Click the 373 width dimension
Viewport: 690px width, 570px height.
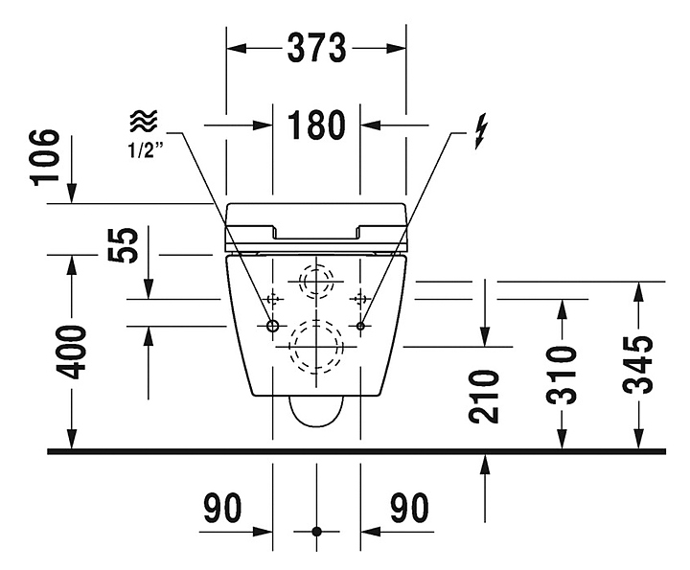[316, 48]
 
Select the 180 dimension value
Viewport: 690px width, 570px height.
[316, 125]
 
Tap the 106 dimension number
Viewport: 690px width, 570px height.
[44, 157]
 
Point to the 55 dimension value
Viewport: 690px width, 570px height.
[124, 244]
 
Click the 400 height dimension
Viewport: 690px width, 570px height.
[70, 352]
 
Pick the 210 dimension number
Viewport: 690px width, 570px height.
[484, 397]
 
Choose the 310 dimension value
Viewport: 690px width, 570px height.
[561, 376]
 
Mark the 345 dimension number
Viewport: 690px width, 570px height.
[637, 365]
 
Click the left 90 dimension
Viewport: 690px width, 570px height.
[222, 508]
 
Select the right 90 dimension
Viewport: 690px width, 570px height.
[409, 508]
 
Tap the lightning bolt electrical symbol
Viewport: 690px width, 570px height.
[481, 130]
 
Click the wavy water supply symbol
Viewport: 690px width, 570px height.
[144, 121]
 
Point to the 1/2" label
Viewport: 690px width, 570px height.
[146, 150]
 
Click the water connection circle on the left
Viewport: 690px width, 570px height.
[273, 326]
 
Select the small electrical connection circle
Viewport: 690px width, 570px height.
[360, 326]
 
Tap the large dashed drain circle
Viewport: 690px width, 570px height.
[317, 347]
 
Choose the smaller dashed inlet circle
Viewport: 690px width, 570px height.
[316, 281]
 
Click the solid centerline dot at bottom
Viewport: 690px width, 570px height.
[316, 532]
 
